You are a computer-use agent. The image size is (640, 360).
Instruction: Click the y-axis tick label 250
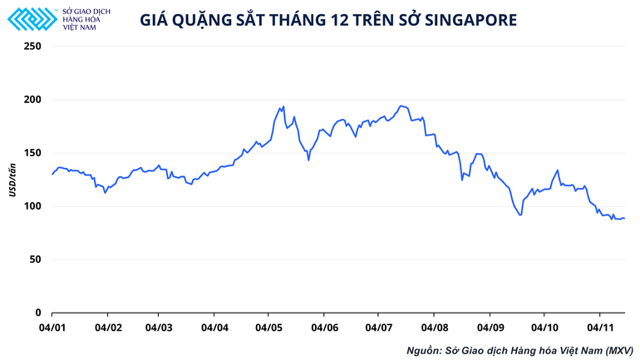32,47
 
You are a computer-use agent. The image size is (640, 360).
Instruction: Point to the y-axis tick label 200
32,100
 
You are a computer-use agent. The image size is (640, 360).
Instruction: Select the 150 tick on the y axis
32,153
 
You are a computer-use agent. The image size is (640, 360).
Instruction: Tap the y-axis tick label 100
32,206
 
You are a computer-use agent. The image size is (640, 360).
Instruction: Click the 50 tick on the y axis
34,259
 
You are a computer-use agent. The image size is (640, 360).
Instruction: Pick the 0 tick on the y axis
37,313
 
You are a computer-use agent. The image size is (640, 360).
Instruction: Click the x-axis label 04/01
52,328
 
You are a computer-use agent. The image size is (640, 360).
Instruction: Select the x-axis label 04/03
159,328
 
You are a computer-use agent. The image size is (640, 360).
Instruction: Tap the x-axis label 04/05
268,328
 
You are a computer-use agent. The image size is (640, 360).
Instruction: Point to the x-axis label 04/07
378,328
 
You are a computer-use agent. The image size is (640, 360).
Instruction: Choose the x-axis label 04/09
489,328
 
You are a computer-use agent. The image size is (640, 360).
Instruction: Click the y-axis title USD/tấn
12,180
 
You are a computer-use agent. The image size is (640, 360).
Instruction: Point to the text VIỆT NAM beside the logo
79,25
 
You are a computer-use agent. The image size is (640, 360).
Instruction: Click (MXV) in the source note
619,350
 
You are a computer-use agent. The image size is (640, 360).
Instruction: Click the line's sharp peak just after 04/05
283,106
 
